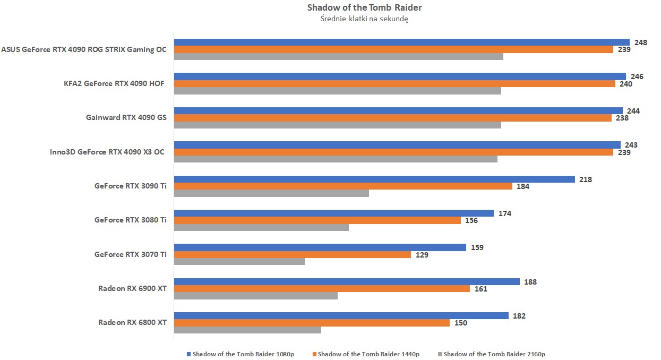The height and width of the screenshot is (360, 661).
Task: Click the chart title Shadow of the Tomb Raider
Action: click(x=365, y=7)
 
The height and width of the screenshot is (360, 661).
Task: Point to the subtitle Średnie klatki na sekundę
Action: click(x=364, y=19)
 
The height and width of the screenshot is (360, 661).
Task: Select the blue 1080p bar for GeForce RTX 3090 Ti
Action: click(x=374, y=179)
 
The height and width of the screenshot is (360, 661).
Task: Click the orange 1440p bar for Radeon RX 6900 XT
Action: click(x=322, y=289)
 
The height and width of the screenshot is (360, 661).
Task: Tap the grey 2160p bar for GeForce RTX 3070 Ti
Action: click(x=239, y=262)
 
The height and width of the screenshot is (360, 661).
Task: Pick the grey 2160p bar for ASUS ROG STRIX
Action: click(x=339, y=56)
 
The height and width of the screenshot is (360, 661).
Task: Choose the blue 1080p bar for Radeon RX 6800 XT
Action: click(x=341, y=316)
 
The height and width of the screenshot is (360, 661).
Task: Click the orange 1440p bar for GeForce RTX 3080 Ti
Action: click(x=317, y=220)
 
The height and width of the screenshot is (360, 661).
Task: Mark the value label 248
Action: click(x=641, y=42)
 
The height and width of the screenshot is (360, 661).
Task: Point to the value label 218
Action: click(x=586, y=179)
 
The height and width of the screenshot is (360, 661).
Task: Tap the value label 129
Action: click(x=422, y=255)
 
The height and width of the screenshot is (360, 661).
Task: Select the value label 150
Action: click(x=460, y=323)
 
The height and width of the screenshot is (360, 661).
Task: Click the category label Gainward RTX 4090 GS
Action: click(x=126, y=117)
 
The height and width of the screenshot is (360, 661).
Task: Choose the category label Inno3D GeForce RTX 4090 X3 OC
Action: click(x=107, y=152)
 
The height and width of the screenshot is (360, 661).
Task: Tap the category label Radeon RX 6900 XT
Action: click(x=132, y=289)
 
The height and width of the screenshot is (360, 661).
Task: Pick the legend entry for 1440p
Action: click(x=366, y=354)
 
